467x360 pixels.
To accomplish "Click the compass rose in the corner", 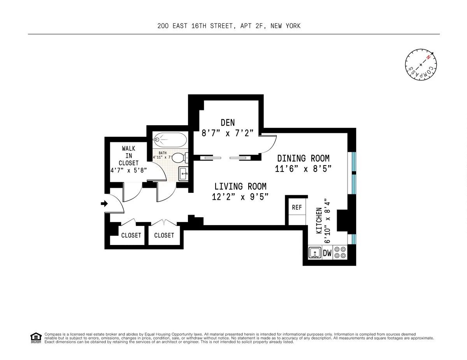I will pos(421,65).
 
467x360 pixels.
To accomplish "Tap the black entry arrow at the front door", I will pos(104,203).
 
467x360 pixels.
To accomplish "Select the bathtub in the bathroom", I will pos(170,140).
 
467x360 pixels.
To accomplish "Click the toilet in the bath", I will pos(179,157).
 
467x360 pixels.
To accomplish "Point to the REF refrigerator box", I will pos(297,208).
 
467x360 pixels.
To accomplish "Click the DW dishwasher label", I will pos(327,253).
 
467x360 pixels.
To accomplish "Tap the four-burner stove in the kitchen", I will pos(340,253).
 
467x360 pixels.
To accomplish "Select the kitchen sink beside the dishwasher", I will pos(314,253).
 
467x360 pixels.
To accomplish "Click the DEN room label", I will pos(228,122).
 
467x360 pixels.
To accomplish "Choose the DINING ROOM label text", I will pos(303,158).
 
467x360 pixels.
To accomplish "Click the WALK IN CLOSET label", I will pos(128,156).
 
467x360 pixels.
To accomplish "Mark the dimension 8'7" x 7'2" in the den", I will pos(228,133).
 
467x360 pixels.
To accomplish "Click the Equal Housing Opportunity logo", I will pos(35,337).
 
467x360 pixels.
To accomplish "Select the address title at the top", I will pos(229,26).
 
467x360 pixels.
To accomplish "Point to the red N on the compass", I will pos(428,58).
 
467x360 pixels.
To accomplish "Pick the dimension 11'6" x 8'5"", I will pos(304,168).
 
